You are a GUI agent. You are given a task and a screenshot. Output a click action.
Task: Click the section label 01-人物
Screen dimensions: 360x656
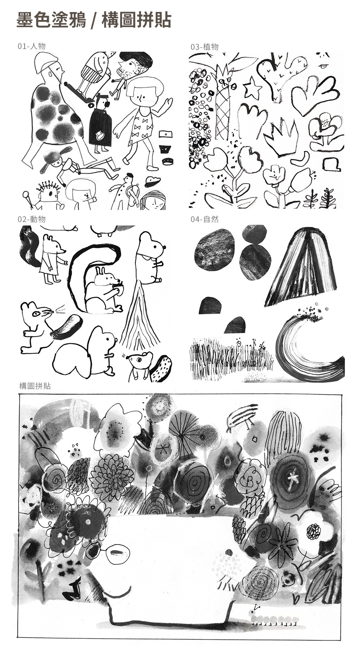pos(32,46)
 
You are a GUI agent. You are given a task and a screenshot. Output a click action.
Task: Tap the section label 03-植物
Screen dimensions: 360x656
pos(205,47)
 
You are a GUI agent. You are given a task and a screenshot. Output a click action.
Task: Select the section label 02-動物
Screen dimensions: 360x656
pos(32,219)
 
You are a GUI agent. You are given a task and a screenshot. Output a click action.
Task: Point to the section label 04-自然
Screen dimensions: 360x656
pos(205,219)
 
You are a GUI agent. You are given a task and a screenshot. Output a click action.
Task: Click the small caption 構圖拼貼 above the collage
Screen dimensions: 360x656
pos(35,386)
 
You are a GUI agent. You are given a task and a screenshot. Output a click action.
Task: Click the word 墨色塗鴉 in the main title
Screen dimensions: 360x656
pos(51,20)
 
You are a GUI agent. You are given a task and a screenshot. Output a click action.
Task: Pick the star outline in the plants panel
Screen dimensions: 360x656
pos(252,88)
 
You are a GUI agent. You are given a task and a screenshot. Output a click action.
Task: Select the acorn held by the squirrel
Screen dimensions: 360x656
pos(118,288)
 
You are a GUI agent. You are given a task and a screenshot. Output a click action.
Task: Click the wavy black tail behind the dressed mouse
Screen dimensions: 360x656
pos(29,246)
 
